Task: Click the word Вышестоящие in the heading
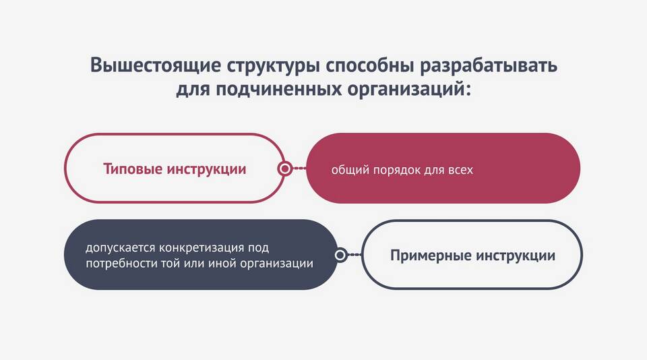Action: [x=156, y=65]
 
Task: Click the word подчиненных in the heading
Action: [x=278, y=89]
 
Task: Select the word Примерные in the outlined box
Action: [x=431, y=256]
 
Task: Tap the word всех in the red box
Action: [x=460, y=170]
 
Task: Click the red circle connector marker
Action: [x=284, y=169]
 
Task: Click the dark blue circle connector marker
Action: [x=340, y=255]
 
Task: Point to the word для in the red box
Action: [x=434, y=171]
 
